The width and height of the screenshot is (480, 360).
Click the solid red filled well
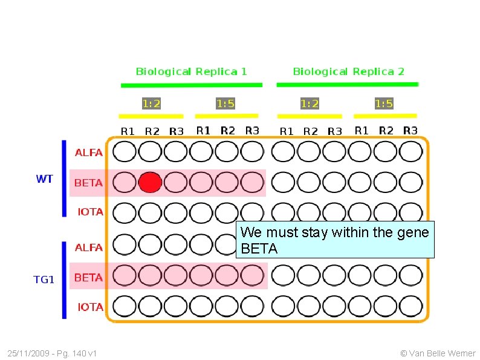[150, 182]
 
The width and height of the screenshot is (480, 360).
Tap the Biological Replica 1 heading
[191, 71]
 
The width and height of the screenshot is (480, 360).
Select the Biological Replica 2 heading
[348, 71]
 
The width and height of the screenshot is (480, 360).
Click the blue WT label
[45, 179]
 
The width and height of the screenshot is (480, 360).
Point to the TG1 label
[44, 280]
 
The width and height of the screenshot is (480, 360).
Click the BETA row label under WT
[88, 183]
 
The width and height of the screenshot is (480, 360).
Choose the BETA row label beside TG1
[88, 278]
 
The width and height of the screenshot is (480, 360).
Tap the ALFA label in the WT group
[88, 152]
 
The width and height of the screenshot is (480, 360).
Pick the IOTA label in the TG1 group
[90, 307]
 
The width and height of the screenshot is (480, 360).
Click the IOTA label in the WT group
[90, 212]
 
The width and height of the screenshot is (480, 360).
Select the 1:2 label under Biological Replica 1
[151, 103]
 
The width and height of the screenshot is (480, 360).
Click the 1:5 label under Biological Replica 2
[384, 103]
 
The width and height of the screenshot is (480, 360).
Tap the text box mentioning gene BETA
[335, 240]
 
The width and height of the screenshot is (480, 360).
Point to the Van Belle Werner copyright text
[438, 353]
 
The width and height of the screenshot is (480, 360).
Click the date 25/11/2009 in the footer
[29, 353]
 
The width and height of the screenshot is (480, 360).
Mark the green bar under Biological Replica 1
[191, 85]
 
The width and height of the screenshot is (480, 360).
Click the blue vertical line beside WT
[64, 178]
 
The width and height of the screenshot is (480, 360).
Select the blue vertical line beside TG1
[64, 280]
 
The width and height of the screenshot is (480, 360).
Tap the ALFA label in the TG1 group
[88, 247]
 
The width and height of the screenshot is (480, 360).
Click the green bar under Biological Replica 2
[347, 84]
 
